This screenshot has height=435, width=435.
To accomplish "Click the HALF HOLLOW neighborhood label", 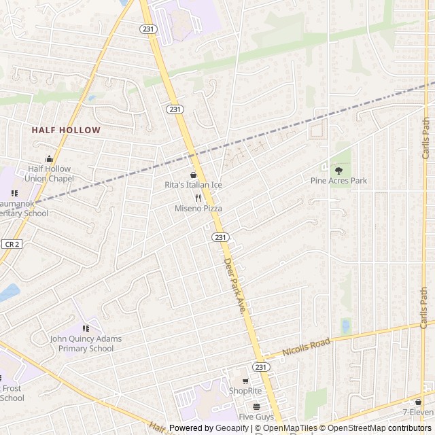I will click(66, 130).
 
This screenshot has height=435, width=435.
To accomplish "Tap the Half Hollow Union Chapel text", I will click(49, 174).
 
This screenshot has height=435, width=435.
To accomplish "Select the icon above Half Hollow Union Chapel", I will click(49, 159).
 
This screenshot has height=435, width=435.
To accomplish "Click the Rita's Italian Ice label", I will click(194, 185).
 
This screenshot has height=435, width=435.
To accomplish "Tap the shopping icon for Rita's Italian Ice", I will click(194, 175).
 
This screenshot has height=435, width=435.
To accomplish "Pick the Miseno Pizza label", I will click(198, 209).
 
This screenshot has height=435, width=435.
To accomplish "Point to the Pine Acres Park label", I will click(338, 181).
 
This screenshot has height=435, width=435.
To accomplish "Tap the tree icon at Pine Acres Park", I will click(338, 171).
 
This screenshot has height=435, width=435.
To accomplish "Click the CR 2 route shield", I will click(11, 244).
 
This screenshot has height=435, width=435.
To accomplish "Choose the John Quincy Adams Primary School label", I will click(86, 343).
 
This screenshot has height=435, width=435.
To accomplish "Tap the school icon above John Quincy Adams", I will click(86, 329).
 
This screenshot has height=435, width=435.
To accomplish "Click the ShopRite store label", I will click(245, 391).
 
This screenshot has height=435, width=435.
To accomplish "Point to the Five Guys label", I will click(256, 417).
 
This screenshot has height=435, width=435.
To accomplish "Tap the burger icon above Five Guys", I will click(256, 406).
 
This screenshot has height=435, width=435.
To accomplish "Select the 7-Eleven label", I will click(417, 412).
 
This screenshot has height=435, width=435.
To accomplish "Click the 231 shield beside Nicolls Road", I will click(261, 366).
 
